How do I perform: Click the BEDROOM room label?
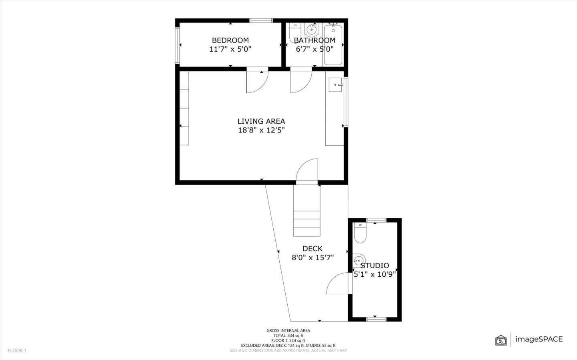coord(230,40)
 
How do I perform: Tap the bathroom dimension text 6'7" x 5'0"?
coord(315,49)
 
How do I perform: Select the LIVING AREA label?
coord(261,121)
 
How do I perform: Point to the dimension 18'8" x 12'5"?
coord(261,130)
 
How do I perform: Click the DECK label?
coord(312,249)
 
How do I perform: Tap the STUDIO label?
coord(375,265)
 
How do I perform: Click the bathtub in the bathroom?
coord(333,45)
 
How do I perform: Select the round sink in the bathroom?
coord(311,29)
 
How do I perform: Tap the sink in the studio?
coord(358,260)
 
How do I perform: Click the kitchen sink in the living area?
coord(335,84)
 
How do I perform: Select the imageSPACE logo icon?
coord(501,340)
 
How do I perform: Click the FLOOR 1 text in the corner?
coord(17,351)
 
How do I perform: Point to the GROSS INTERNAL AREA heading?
coord(288,330)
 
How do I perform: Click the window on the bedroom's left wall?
coord(177,45)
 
